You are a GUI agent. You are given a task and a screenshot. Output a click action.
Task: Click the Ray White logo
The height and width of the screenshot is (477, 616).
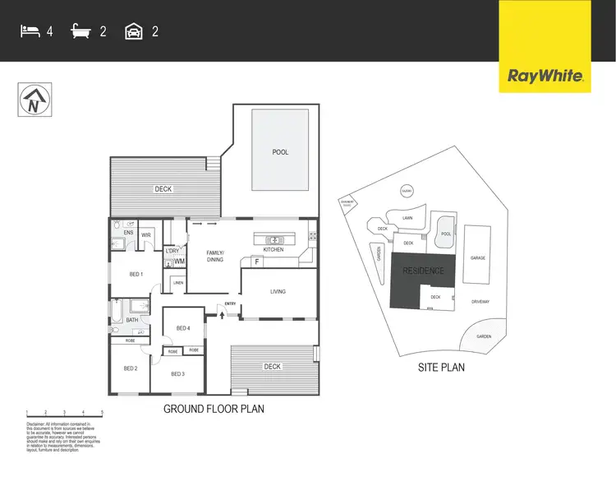click(x=545, y=76)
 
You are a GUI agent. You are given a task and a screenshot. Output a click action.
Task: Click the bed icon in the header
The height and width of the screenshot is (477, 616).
click(x=30, y=32)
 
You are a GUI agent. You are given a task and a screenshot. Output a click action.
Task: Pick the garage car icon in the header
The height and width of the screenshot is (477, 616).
click(x=134, y=32)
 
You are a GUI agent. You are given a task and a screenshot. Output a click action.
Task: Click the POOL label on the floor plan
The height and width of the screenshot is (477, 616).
click(x=281, y=152)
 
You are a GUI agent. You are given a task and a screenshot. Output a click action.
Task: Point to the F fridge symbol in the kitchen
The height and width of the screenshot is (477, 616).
click(x=257, y=262)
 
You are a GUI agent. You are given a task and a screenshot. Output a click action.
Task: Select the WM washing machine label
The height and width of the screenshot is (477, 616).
click(x=178, y=262)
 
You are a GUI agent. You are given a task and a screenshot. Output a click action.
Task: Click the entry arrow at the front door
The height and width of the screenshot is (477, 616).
click(x=221, y=313)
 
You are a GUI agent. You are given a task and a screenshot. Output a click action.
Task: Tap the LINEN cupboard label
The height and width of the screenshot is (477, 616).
click(x=177, y=284)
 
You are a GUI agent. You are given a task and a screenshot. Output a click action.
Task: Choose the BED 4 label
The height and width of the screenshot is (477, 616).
click(x=182, y=329)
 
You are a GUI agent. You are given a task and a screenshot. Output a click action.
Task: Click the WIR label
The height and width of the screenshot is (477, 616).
click(x=146, y=235)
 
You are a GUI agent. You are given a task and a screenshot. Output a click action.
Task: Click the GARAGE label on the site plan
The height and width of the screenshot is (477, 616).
click(x=478, y=257)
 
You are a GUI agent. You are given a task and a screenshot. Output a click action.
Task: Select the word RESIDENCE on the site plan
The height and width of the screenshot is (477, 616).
click(x=423, y=271)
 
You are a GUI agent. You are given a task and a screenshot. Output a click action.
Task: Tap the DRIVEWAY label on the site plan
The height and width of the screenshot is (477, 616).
click(x=481, y=301)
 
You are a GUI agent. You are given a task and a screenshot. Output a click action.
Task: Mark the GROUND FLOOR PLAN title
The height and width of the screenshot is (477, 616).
click(x=214, y=409)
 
